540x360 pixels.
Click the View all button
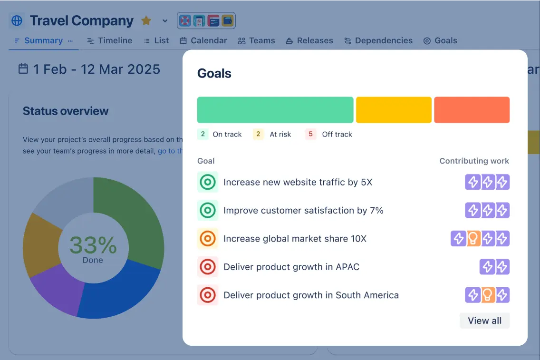pyautogui.click(x=484, y=321)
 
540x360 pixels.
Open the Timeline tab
pyautogui.click(x=110, y=41)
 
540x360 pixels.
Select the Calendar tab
pyautogui.click(x=203, y=41)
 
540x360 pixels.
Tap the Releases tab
pyautogui.click(x=309, y=41)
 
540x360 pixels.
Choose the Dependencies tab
pyautogui.click(x=378, y=41)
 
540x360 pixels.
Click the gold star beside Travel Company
pyautogui.click(x=146, y=21)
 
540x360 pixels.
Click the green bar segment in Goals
pyautogui.click(x=275, y=110)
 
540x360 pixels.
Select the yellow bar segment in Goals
pyautogui.click(x=394, y=110)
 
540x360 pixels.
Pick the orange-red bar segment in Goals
pyautogui.click(x=472, y=110)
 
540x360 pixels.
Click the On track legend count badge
pyautogui.click(x=203, y=134)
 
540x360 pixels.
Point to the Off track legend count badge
pyautogui.click(x=310, y=134)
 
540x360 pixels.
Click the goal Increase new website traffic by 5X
pyautogui.click(x=298, y=182)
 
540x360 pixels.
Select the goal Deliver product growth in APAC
pyautogui.click(x=291, y=267)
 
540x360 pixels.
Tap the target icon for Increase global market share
pyautogui.click(x=208, y=239)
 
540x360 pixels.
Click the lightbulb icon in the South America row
pyautogui.click(x=487, y=295)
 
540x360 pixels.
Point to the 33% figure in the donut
pyautogui.click(x=93, y=245)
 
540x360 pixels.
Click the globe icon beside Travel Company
pyautogui.click(x=17, y=21)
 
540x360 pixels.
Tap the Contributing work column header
pyautogui.click(x=474, y=161)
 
